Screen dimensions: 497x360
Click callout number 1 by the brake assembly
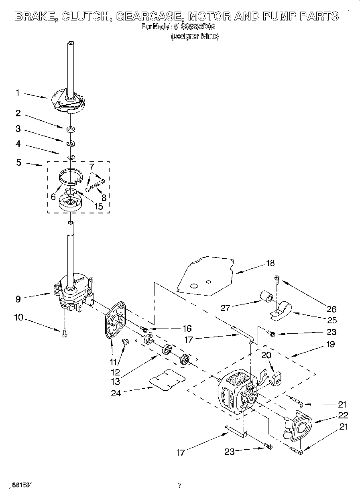(17, 93)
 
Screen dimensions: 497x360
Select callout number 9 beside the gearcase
(17, 298)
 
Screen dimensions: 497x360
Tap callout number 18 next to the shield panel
(271, 263)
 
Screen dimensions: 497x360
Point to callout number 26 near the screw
(332, 309)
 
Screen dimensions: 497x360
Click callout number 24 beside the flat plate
(116, 393)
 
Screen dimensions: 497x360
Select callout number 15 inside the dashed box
(98, 207)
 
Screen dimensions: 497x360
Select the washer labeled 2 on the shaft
(71, 129)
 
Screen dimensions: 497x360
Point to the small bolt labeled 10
(64, 333)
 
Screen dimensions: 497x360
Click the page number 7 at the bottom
(179, 485)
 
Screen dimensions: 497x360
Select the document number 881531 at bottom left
(22, 485)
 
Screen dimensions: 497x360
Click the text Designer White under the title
(195, 37)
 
